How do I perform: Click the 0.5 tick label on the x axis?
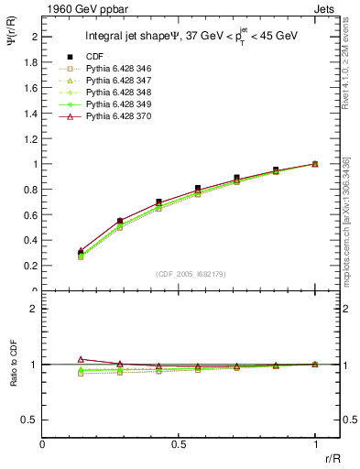(x=179, y=443)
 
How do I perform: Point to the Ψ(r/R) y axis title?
(x=13, y=49)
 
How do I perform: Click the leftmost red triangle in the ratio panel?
(x=80, y=360)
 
